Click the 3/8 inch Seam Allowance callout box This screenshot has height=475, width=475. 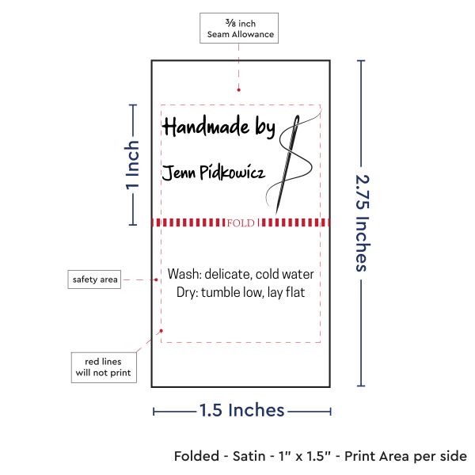click(x=239, y=28)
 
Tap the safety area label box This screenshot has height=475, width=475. click(x=94, y=279)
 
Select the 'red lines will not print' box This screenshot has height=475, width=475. click(x=104, y=367)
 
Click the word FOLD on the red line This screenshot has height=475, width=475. click(x=241, y=223)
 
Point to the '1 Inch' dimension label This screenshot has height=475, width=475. click(x=132, y=165)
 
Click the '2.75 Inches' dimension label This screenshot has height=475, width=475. click(x=362, y=223)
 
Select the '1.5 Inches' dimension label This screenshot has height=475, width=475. click(x=241, y=410)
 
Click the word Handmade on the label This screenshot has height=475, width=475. click(x=206, y=126)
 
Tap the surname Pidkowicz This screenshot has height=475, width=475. click(x=232, y=173)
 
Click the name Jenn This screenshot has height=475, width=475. click(x=179, y=173)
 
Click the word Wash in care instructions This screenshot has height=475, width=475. click(x=184, y=274)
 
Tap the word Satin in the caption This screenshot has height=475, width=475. click(x=249, y=456)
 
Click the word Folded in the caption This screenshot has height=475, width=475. click(x=196, y=456)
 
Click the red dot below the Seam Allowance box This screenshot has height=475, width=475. click(x=239, y=89)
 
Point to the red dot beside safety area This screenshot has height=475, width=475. click(x=156, y=279)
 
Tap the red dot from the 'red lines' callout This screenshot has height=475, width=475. click(x=161, y=331)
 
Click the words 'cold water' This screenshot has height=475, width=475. click(x=285, y=274)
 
